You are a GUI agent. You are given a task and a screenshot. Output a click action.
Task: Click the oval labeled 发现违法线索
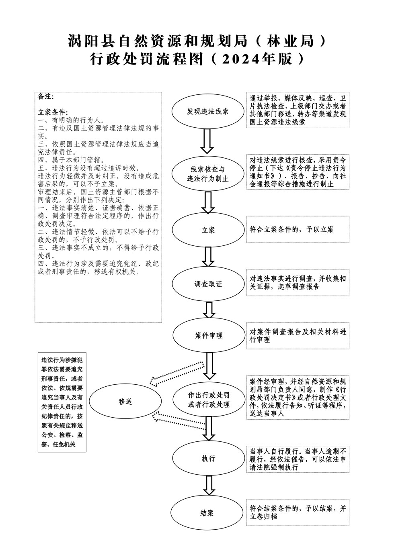207,111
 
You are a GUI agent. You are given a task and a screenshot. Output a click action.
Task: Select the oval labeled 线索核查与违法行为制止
207,174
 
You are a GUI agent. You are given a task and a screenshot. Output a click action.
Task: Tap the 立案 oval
207,230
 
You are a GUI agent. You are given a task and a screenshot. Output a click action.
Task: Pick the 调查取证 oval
207,284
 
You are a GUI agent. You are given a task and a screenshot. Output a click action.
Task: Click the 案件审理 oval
207,335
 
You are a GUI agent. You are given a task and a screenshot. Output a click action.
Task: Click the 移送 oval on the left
125,402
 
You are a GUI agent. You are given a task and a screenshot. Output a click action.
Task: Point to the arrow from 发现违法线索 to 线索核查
207,143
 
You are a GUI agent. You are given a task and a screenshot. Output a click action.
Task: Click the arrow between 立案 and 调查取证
208,257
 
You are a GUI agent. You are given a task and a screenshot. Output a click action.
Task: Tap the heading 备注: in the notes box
45,97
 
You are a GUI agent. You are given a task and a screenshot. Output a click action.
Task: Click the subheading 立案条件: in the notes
53,112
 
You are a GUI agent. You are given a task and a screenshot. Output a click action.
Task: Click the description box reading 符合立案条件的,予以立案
298,230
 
